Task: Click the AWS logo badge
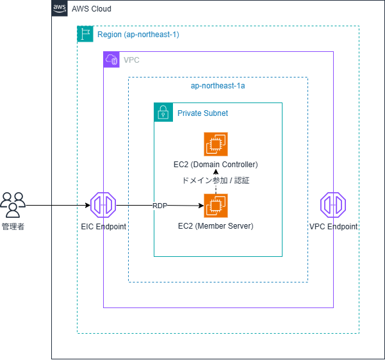click(60, 8)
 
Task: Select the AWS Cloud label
click(92, 9)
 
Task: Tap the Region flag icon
click(85, 34)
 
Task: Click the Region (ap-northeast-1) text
click(138, 35)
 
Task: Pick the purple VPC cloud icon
click(111, 60)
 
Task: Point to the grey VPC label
click(131, 60)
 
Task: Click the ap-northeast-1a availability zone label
click(218, 86)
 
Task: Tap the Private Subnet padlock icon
click(163, 112)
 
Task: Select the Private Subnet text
click(202, 113)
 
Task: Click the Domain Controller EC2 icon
click(216, 144)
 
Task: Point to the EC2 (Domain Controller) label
click(216, 165)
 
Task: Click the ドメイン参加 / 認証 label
click(216, 181)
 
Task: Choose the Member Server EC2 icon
click(216, 206)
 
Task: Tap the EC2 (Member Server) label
click(216, 226)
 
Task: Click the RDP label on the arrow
click(160, 206)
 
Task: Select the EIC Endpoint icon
click(103, 205)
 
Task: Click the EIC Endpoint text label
click(104, 226)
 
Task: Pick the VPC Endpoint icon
click(333, 205)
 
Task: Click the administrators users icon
click(13, 205)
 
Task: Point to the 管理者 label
click(13, 226)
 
